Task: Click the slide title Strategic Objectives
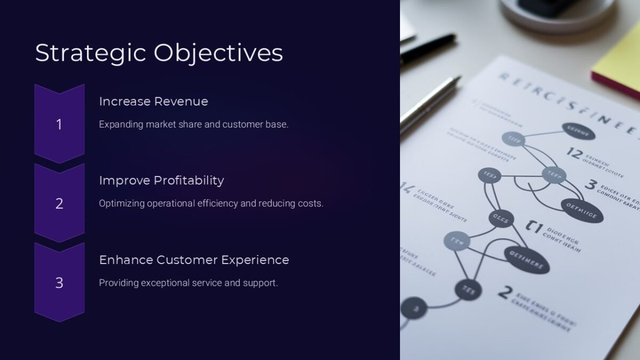[159, 53]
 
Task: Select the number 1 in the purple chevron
[59, 124]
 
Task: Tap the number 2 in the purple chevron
[59, 203]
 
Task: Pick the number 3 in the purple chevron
[59, 283]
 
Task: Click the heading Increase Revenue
[154, 101]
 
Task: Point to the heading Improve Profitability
[161, 180]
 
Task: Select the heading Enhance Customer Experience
[194, 260]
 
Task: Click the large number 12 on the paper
[574, 154]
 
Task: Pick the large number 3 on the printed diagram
[590, 185]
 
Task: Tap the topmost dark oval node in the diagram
[578, 131]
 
